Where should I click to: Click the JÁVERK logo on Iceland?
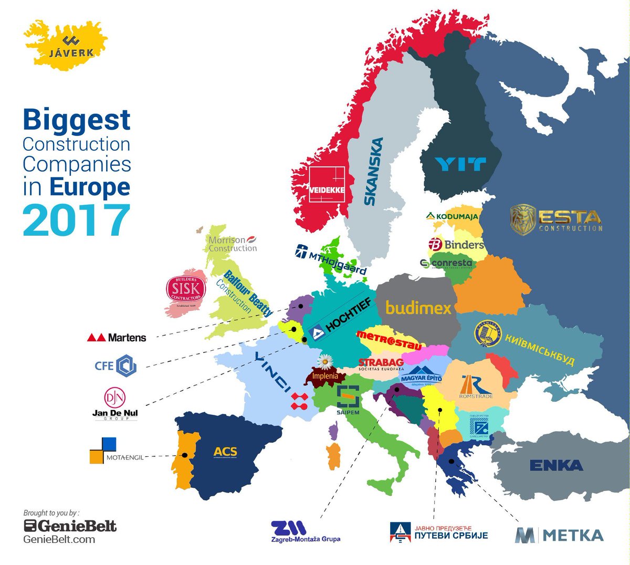click(x=71, y=47)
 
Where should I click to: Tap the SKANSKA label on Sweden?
click(x=374, y=171)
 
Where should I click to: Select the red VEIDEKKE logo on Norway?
click(x=327, y=185)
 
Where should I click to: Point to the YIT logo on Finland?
click(x=460, y=164)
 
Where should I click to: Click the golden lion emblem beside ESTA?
click(x=523, y=219)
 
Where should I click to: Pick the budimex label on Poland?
click(x=418, y=307)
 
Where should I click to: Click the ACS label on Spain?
click(x=225, y=452)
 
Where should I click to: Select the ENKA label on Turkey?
click(x=556, y=465)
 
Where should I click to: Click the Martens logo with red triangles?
click(x=117, y=338)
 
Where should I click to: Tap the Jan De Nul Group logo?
click(x=115, y=403)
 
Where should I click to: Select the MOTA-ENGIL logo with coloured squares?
click(x=116, y=451)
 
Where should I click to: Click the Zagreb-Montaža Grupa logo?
click(x=305, y=531)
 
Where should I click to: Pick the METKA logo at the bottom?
click(x=559, y=535)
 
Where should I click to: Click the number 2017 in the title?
click(x=76, y=220)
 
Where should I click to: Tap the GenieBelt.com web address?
click(x=59, y=539)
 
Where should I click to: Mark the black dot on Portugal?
click(x=184, y=455)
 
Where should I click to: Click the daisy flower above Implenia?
click(x=325, y=362)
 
